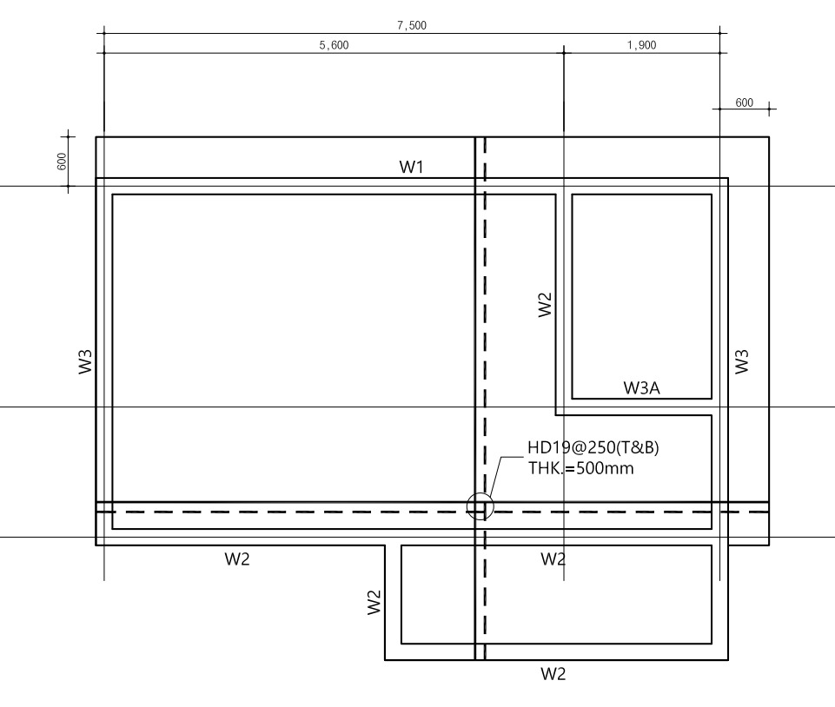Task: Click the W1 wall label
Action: pyautogui.click(x=411, y=167)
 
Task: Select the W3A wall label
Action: pyautogui.click(x=642, y=387)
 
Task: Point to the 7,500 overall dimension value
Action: pyautogui.click(x=412, y=25)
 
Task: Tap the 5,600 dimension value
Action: pyautogui.click(x=334, y=45)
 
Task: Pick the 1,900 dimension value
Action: pyautogui.click(x=642, y=45)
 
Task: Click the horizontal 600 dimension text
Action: pyautogui.click(x=744, y=102)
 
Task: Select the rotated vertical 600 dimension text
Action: pyautogui.click(x=62, y=162)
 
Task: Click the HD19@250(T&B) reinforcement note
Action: pyautogui.click(x=593, y=447)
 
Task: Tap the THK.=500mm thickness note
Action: pyautogui.click(x=581, y=468)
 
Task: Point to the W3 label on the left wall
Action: pyautogui.click(x=85, y=361)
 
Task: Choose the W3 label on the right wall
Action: pyautogui.click(x=742, y=361)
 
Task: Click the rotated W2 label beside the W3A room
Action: pyautogui.click(x=545, y=305)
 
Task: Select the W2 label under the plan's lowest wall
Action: pyautogui.click(x=553, y=674)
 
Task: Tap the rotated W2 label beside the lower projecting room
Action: pyautogui.click(x=374, y=602)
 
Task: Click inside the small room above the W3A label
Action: pyautogui.click(x=642, y=287)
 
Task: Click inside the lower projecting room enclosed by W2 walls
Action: pyautogui.click(x=556, y=595)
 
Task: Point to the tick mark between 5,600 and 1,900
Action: pyautogui.click(x=564, y=53)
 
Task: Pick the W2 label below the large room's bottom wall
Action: pyautogui.click(x=237, y=559)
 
